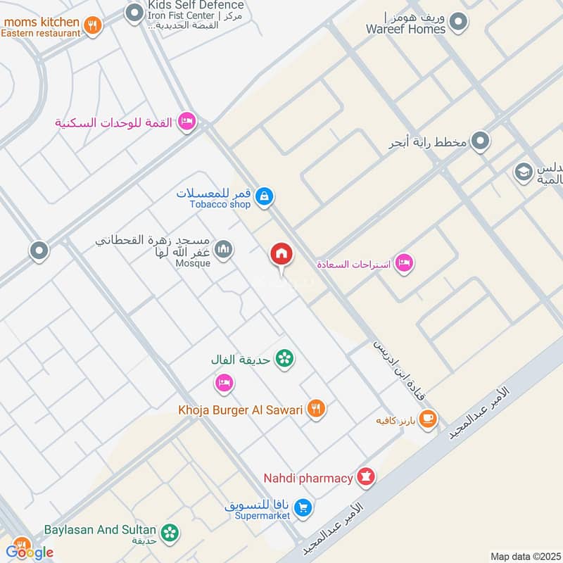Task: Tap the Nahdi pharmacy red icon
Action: click(365, 478)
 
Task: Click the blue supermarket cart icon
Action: click(303, 507)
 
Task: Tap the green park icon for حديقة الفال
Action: click(284, 359)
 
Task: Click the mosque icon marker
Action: click(224, 250)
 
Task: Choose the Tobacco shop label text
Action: click(220, 205)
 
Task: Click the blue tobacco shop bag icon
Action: click(264, 196)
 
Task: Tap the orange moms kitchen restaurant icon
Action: click(92, 27)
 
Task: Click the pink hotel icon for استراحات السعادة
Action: click(403, 263)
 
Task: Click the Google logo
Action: click(29, 552)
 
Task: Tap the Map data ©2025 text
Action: click(524, 556)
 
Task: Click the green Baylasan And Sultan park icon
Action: click(170, 533)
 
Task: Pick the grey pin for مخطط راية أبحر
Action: click(481, 142)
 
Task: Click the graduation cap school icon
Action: click(523, 171)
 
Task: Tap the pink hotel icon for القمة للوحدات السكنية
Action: click(186, 122)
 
